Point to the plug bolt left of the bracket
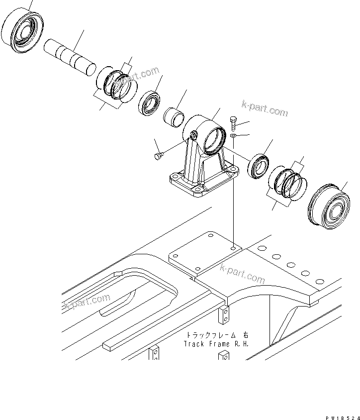tap(158, 157)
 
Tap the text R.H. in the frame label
tap(240, 344)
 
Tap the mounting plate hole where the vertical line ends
tap(233, 245)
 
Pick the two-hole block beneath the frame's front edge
tap(225, 314)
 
